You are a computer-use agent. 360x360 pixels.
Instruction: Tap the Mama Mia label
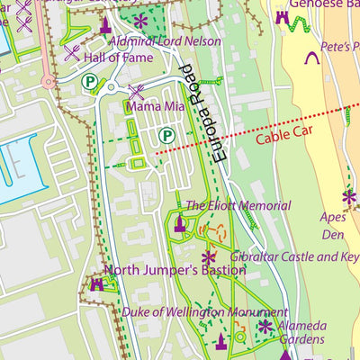pyautogui.click(x=155, y=107)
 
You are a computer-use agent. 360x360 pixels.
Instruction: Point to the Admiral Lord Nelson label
pyautogui.click(x=165, y=41)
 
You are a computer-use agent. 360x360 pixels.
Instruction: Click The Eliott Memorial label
pyautogui.click(x=238, y=206)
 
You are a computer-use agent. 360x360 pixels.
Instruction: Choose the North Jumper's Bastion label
pyautogui.click(x=175, y=270)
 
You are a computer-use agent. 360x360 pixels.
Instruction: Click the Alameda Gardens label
pyautogui.click(x=301, y=332)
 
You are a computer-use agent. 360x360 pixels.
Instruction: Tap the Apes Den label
pyautogui.click(x=332, y=225)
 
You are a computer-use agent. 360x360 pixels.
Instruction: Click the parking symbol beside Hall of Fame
pyautogui.click(x=89, y=82)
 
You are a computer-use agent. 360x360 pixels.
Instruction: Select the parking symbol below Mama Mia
pyautogui.click(x=166, y=135)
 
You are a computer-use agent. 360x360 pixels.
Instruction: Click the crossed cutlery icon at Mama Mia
pyautogui.click(x=137, y=91)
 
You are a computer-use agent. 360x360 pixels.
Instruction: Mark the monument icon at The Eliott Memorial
pyautogui.click(x=179, y=223)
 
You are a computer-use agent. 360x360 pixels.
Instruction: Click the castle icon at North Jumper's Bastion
pyautogui.click(x=96, y=284)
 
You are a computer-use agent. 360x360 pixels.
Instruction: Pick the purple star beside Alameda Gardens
pyautogui.click(x=265, y=327)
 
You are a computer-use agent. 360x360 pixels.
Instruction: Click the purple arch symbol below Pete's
pyautogui.click(x=313, y=58)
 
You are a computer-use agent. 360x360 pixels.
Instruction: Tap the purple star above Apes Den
pyautogui.click(x=348, y=196)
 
